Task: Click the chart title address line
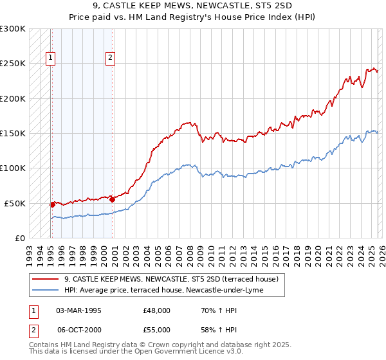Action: pyautogui.click(x=193, y=7)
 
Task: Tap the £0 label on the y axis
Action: pyautogui.click(x=19, y=238)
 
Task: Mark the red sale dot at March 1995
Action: pyautogui.click(x=53, y=204)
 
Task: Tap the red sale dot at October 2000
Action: pyautogui.click(x=112, y=199)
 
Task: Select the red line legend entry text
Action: pyautogui.click(x=170, y=279)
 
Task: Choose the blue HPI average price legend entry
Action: pyautogui.click(x=172, y=290)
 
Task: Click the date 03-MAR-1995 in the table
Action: pyautogui.click(x=78, y=310)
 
